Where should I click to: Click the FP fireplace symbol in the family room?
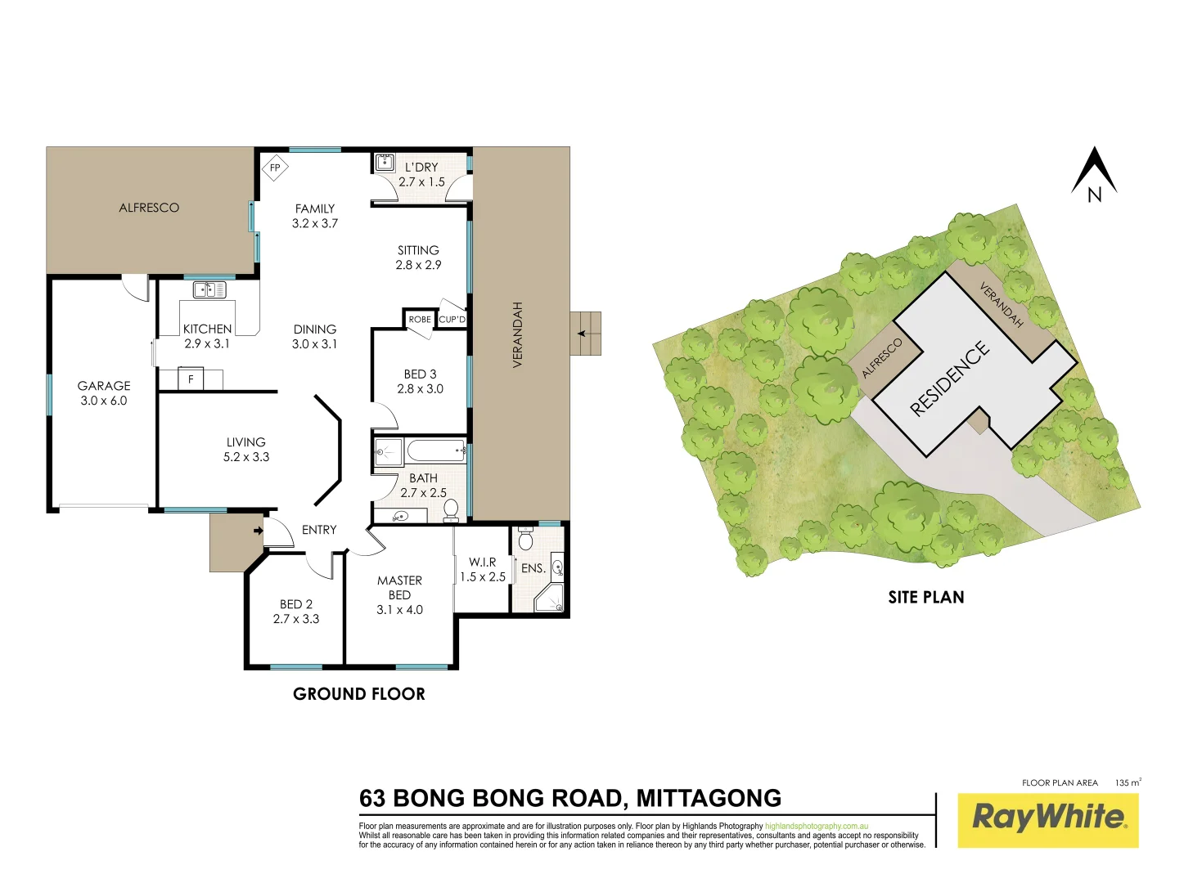pyautogui.click(x=275, y=168)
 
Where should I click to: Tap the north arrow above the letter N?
pyautogui.click(x=1094, y=168)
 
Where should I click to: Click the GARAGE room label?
pyautogui.click(x=104, y=386)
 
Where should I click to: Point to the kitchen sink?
pyautogui.click(x=209, y=289)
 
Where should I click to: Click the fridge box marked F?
pyautogui.click(x=191, y=379)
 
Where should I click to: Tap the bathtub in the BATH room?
pyautogui.click(x=435, y=450)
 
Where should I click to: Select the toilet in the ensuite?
pyautogui.click(x=526, y=540)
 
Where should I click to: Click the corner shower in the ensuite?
pyautogui.click(x=550, y=599)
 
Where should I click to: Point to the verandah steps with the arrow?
pyautogui.click(x=585, y=334)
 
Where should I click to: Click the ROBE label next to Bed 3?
pyautogui.click(x=420, y=320)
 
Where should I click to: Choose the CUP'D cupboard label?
pyautogui.click(x=452, y=320)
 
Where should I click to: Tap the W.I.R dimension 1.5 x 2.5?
pyautogui.click(x=482, y=577)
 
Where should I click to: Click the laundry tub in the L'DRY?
pyautogui.click(x=385, y=162)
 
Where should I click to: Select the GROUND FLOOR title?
pyautogui.click(x=359, y=694)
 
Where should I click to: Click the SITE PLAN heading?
pyautogui.click(x=926, y=598)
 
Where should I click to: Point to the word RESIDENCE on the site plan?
pyautogui.click(x=950, y=379)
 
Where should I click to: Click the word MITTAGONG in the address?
pyautogui.click(x=709, y=798)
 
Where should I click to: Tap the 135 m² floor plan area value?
pyautogui.click(x=1128, y=782)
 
